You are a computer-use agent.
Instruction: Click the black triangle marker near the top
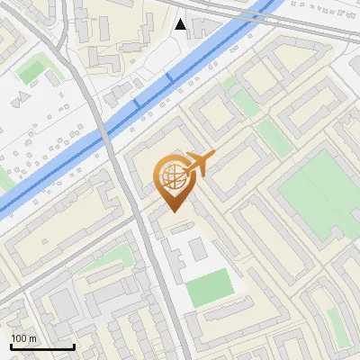click(x=181, y=24)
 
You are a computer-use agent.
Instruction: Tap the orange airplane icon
click(x=199, y=166)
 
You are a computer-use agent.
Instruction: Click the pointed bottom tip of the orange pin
click(x=174, y=211)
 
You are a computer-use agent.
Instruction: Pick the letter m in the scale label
click(x=33, y=338)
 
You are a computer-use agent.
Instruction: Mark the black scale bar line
click(x=41, y=346)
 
